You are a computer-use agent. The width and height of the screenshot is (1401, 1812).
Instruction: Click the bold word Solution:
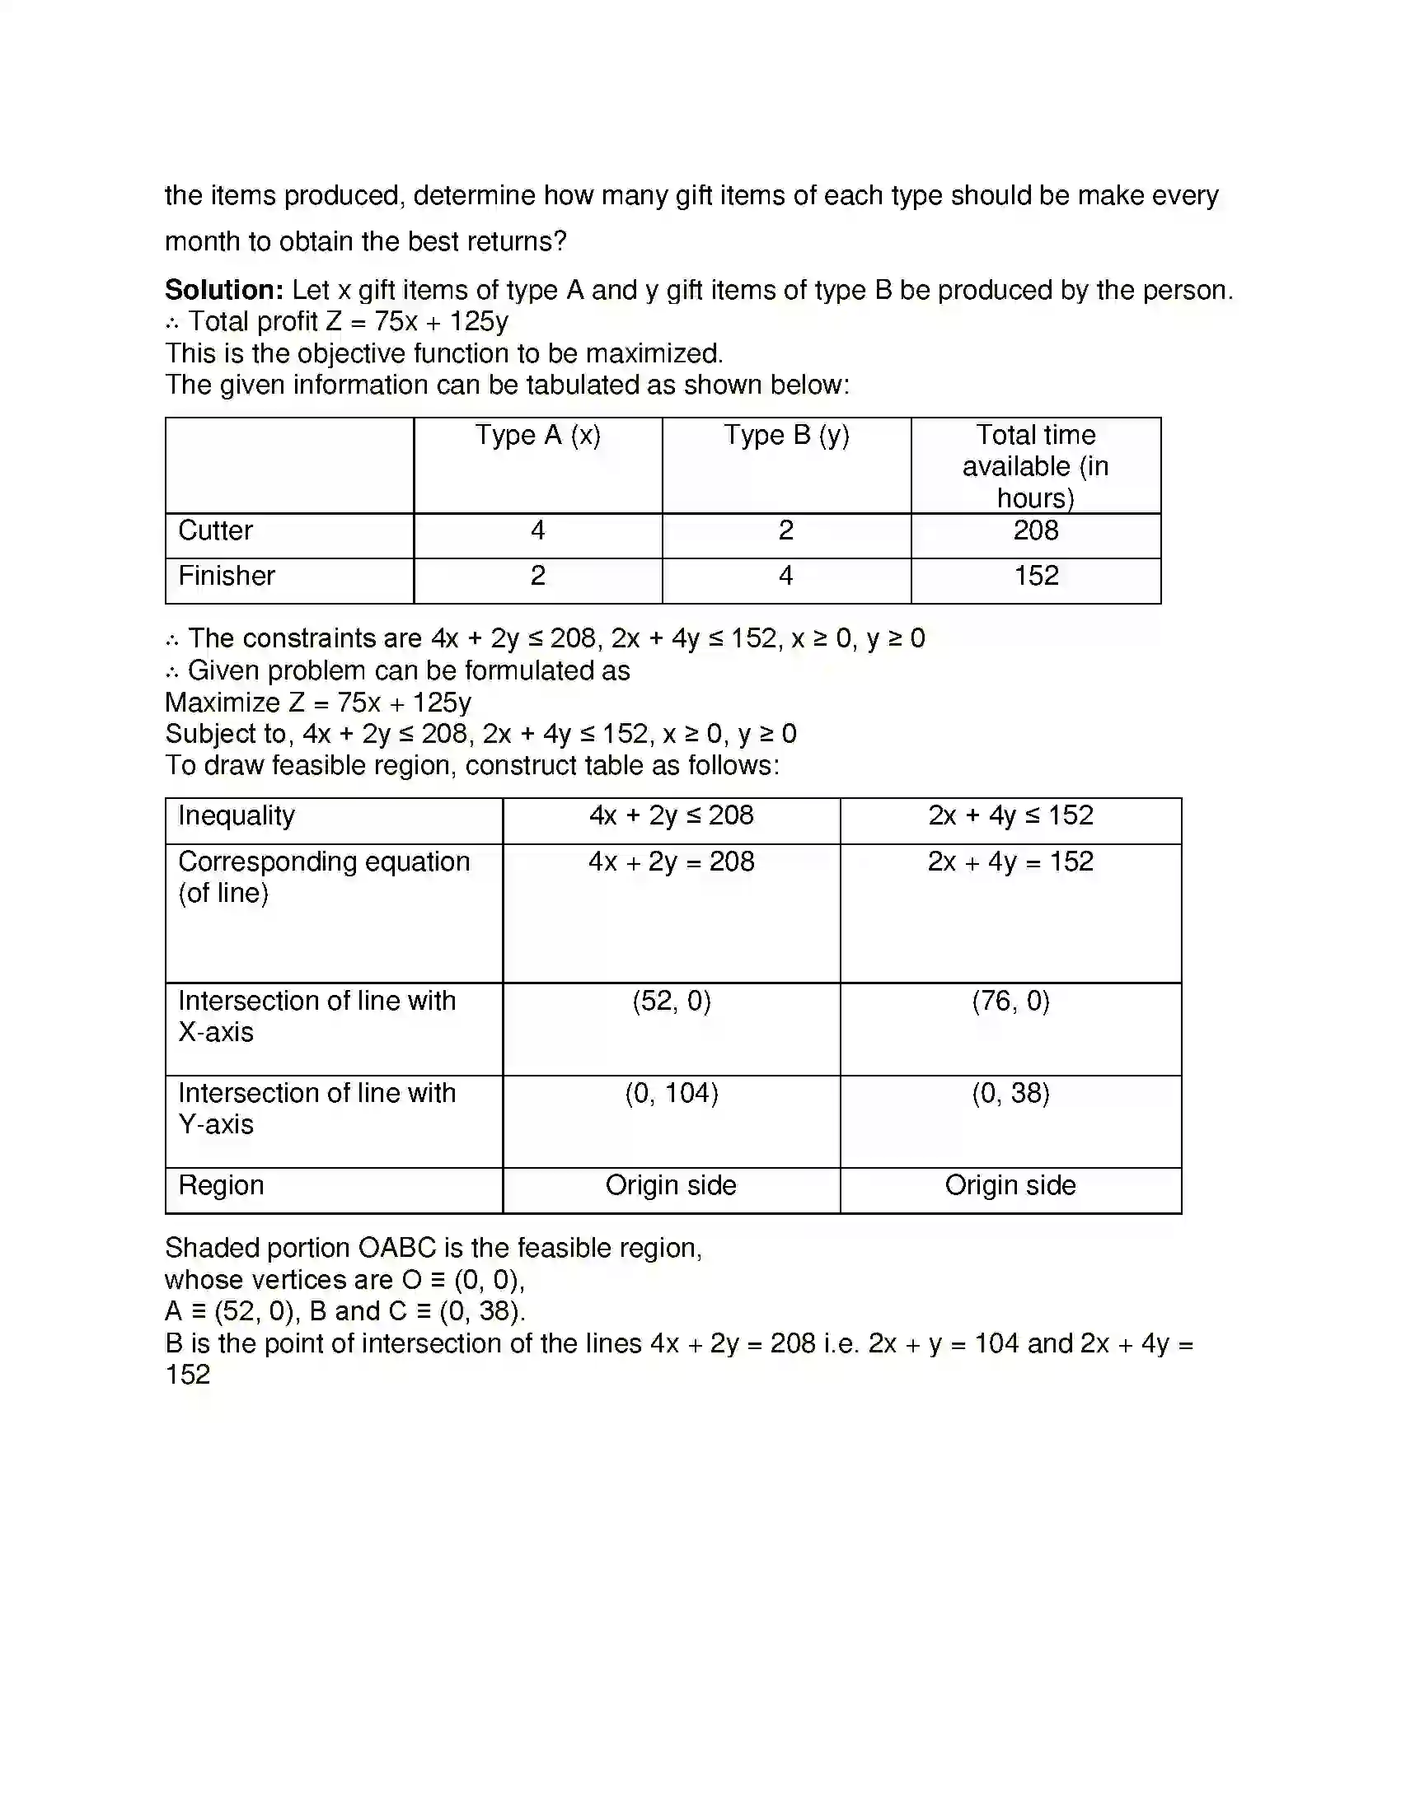tap(224, 291)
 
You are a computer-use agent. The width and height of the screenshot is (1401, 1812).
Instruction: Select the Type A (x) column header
tap(537, 436)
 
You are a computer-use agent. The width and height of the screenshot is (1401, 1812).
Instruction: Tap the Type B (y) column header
tap(786, 436)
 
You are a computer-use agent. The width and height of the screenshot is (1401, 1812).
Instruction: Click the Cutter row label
tap(215, 531)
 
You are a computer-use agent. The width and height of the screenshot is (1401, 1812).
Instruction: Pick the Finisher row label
tap(226, 576)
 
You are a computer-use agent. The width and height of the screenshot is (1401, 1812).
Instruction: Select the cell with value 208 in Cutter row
tap(1035, 531)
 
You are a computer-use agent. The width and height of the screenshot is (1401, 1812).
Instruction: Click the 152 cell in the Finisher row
tap(1035, 576)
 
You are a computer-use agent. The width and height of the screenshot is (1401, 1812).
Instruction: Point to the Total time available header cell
tap(1035, 466)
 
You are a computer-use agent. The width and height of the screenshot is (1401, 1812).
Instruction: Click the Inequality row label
tap(237, 815)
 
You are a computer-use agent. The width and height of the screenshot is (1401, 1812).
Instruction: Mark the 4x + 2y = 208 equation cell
tap(671, 862)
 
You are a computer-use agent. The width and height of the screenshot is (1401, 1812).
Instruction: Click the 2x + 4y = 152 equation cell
tap(1010, 862)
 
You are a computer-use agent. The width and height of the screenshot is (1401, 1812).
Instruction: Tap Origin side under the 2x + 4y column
tap(1010, 1185)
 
